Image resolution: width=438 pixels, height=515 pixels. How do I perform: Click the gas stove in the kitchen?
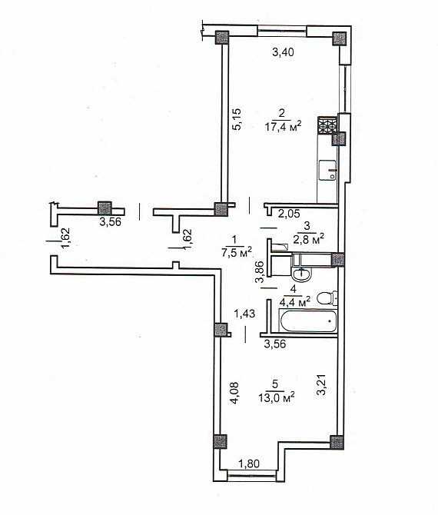point(327,125)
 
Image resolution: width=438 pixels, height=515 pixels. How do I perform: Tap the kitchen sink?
point(327,171)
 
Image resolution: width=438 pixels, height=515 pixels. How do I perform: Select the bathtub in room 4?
point(308,321)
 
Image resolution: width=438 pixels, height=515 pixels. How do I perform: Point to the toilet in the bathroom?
point(327,298)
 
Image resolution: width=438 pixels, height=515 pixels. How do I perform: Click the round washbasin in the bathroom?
point(302,274)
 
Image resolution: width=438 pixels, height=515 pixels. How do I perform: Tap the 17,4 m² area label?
point(283,127)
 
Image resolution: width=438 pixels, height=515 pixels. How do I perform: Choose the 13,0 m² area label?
point(276,397)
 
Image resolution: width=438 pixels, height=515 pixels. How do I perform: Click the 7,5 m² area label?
point(237,253)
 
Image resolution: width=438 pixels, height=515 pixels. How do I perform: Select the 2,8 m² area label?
point(310,239)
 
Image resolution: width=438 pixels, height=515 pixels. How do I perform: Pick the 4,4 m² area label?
point(295,301)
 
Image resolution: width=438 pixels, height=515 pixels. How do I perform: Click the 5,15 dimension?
point(237,119)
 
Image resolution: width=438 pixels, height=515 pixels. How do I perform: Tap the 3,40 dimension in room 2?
point(283,52)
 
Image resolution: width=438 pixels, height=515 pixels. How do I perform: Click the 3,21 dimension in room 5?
point(322,384)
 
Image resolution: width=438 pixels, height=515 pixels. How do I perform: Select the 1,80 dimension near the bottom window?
point(248,463)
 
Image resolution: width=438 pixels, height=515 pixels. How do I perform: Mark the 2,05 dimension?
point(289,214)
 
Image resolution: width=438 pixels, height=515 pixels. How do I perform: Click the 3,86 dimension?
point(260,272)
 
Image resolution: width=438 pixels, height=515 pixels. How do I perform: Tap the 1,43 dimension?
point(244,314)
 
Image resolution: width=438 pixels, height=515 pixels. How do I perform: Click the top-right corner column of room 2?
point(339,38)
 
